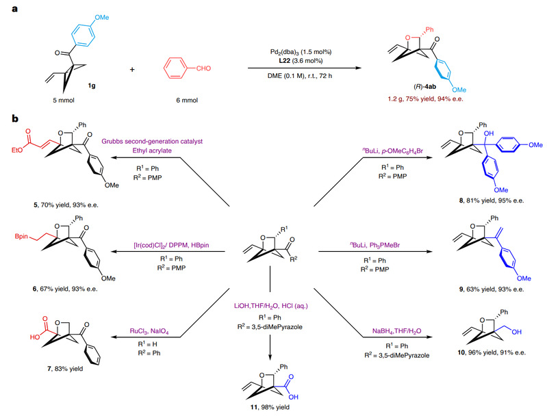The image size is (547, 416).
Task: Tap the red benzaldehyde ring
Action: click(x=177, y=71)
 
